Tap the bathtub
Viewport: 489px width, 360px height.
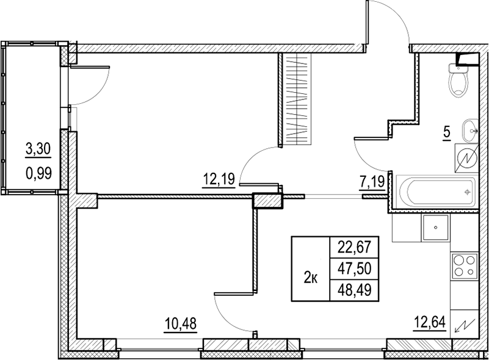(434, 192)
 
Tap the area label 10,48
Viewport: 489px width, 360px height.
(181, 322)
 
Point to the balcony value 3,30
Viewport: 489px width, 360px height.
(37, 148)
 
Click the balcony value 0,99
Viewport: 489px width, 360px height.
(37, 171)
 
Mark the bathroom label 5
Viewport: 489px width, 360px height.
(446, 132)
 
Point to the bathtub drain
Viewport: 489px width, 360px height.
(466, 192)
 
